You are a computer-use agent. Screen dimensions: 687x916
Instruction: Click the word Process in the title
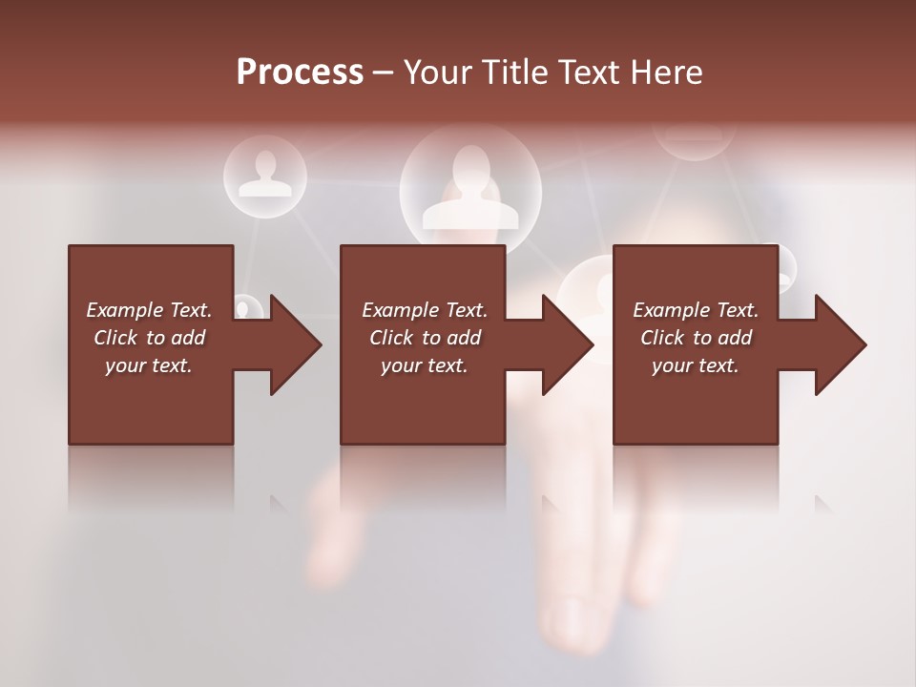tap(300, 72)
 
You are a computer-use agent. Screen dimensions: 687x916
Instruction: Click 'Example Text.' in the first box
tap(149, 310)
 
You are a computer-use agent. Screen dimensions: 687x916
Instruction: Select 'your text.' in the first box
tap(149, 365)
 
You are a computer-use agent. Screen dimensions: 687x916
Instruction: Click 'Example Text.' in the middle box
tap(425, 310)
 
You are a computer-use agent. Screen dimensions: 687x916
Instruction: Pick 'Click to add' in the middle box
tap(425, 338)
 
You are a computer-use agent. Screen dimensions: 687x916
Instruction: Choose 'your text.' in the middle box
tap(425, 365)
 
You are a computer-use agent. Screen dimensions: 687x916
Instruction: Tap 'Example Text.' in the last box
tap(696, 310)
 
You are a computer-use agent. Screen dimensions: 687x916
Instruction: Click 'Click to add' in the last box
tap(696, 338)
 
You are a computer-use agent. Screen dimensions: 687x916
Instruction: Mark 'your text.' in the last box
tap(696, 365)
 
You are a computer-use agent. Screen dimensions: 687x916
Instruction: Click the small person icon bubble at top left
tap(264, 176)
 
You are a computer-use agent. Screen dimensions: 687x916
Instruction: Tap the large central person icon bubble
tap(469, 189)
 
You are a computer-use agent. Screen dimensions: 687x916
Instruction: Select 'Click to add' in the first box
tap(149, 338)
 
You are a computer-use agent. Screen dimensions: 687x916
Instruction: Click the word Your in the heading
tap(438, 72)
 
